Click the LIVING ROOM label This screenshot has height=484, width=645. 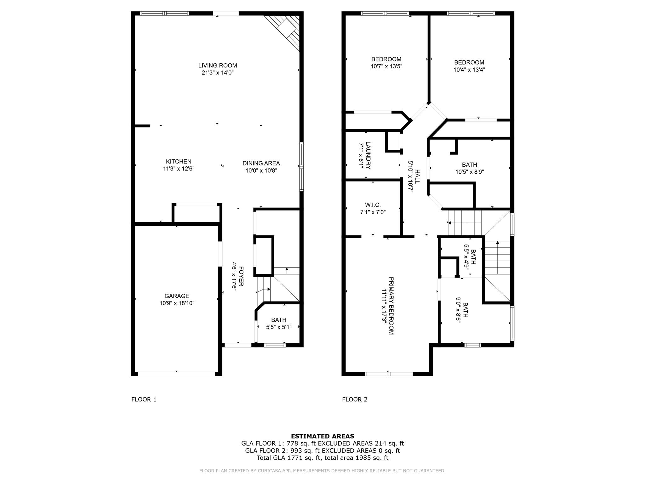[218, 66]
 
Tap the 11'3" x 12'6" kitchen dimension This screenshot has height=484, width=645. [179, 169]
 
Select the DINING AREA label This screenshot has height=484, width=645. [261, 163]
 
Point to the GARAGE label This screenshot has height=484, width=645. [177, 296]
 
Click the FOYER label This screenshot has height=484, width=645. [241, 276]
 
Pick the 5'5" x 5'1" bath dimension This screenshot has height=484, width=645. [279, 327]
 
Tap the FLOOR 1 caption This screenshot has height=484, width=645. [144, 400]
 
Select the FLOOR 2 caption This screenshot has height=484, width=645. [355, 400]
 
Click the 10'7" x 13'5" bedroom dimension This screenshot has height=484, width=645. [386, 66]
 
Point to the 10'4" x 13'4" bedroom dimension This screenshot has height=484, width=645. [469, 70]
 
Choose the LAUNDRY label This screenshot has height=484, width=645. [368, 155]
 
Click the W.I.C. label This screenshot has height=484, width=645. [373, 205]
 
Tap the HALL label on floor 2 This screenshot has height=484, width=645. [417, 176]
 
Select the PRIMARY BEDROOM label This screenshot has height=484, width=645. [391, 306]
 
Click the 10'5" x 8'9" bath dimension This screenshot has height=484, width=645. [469, 172]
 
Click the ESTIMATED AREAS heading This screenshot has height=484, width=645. [322, 436]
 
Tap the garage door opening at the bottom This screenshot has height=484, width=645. [176, 374]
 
